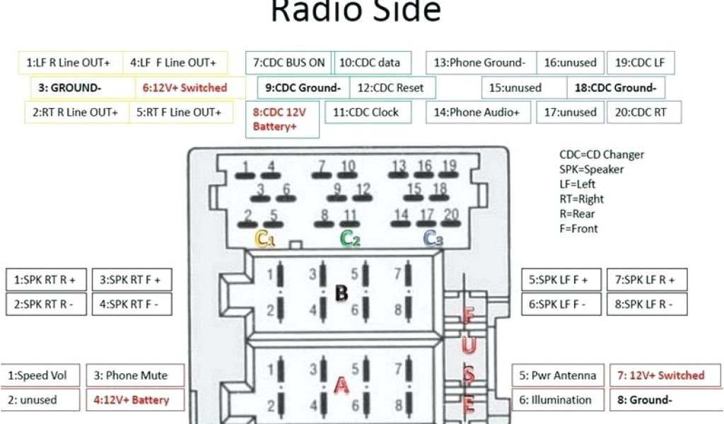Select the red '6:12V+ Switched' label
[x=185, y=88]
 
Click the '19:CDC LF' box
[x=640, y=62]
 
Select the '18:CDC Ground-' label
[x=616, y=88]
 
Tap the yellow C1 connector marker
[x=265, y=240]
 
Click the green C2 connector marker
[x=350, y=239]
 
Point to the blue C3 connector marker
[x=433, y=240]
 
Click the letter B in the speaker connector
[x=341, y=293]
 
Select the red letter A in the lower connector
[x=341, y=385]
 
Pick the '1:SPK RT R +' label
[x=45, y=280]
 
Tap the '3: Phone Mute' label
[x=136, y=375]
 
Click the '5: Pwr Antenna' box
[x=558, y=375]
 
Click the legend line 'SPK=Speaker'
[x=591, y=170]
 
